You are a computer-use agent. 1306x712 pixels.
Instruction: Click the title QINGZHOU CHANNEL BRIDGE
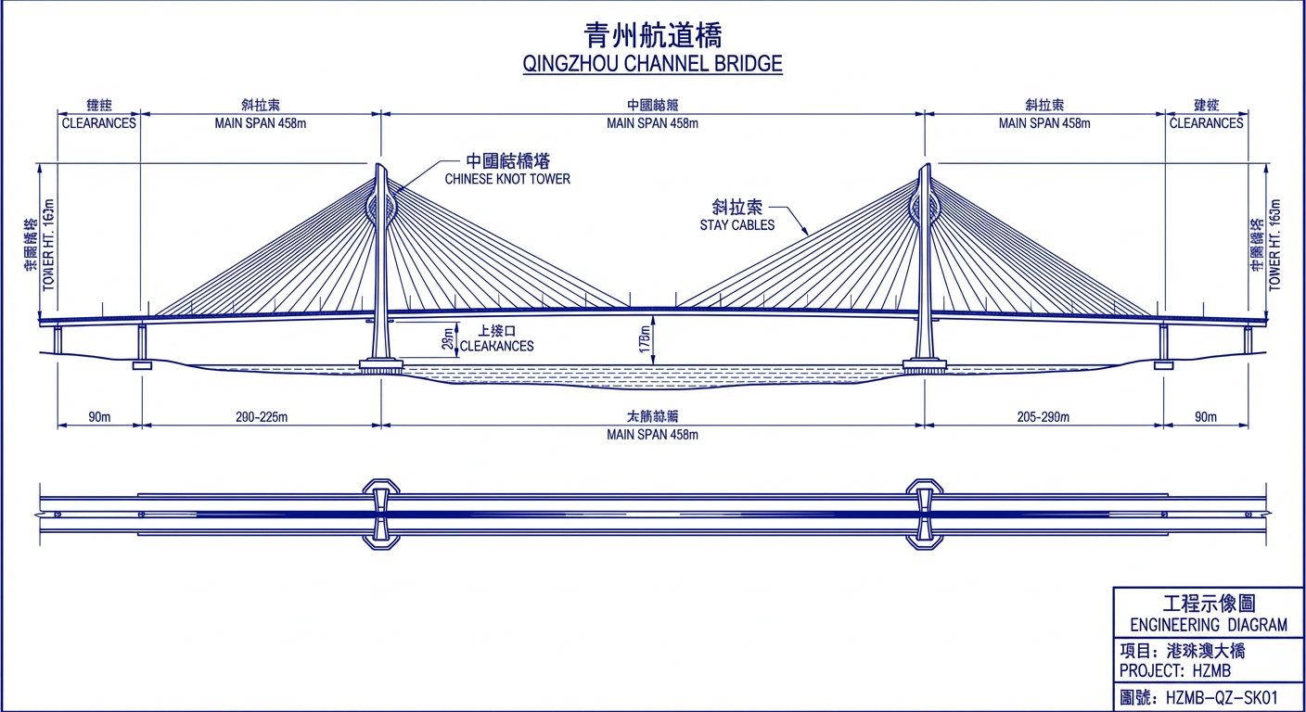tap(652, 64)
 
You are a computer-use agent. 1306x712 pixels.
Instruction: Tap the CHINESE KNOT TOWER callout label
tap(507, 179)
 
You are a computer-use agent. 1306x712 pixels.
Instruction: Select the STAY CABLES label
tap(737, 225)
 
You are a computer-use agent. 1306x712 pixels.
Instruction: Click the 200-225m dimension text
tap(262, 417)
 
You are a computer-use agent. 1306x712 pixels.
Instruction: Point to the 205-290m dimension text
tap(1043, 417)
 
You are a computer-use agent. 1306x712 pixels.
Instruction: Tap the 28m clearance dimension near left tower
tap(449, 341)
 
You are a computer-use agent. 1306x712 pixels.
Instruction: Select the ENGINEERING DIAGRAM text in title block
tap(1209, 625)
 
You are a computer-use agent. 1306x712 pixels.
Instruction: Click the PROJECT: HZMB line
tap(1176, 670)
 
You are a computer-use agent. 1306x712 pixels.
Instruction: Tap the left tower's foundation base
tap(380, 366)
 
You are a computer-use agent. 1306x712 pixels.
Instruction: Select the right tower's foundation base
tap(924, 366)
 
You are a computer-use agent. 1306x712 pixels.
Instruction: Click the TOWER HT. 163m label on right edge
tap(1274, 244)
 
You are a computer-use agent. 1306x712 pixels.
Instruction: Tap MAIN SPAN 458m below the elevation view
tap(652, 435)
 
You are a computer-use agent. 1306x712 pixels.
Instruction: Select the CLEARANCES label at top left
tap(98, 123)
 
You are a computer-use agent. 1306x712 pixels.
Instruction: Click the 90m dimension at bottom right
tap(1205, 417)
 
